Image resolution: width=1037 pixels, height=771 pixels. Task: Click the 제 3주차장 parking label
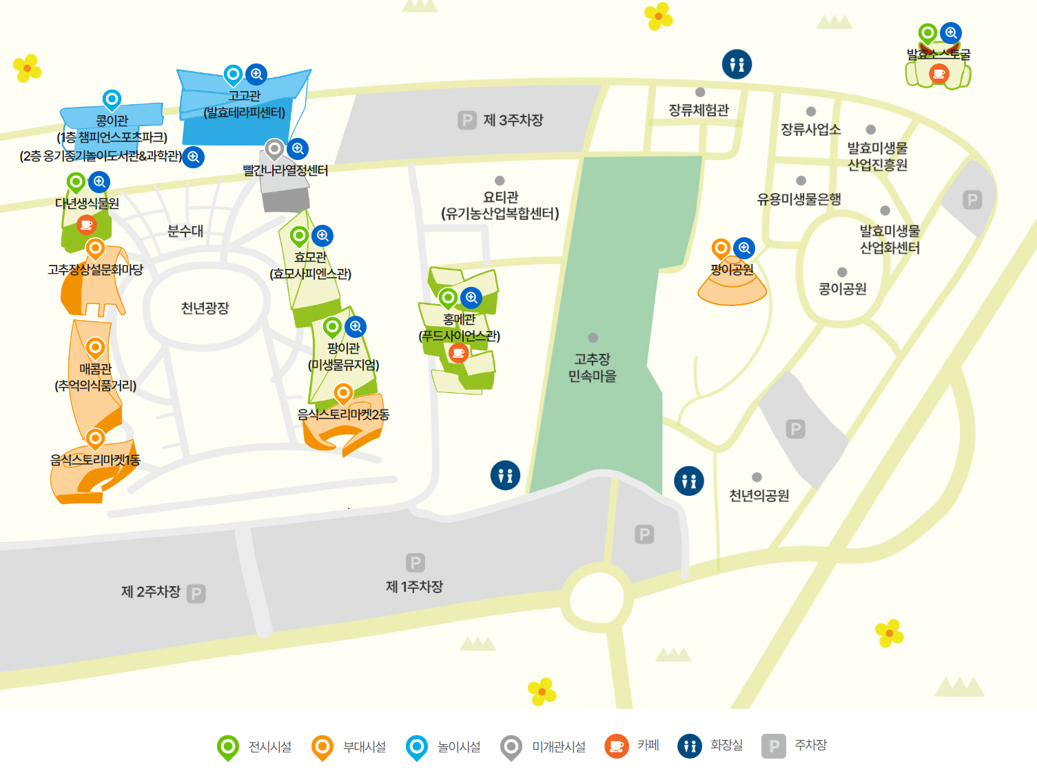513,121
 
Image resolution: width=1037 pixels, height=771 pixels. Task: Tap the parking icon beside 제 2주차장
196,594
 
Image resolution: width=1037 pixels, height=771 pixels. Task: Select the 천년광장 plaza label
205,308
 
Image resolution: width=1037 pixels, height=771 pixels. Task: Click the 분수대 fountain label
185,231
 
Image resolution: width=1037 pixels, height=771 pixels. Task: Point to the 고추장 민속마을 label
592,368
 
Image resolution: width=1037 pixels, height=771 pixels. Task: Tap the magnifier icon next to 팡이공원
744,248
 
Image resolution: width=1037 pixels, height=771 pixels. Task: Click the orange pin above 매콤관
95,348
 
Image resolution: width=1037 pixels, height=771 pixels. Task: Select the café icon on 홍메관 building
458,353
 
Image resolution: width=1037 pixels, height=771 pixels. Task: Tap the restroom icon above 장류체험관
737,64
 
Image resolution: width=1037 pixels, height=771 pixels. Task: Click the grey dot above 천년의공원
757,477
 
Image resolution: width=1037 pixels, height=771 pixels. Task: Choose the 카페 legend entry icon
617,745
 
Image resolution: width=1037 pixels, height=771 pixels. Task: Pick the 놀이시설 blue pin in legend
417,746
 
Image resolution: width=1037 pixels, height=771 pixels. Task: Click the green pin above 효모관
299,236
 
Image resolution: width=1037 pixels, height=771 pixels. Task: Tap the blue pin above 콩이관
112,100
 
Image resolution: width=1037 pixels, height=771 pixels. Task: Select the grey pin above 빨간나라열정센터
274,148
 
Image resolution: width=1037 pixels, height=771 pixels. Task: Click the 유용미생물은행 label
799,199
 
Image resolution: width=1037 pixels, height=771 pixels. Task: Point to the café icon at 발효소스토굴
938,73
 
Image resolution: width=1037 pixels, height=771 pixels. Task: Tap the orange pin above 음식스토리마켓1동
95,438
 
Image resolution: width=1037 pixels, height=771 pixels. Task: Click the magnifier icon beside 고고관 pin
256,74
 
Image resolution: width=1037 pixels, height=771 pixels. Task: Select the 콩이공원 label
842,289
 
